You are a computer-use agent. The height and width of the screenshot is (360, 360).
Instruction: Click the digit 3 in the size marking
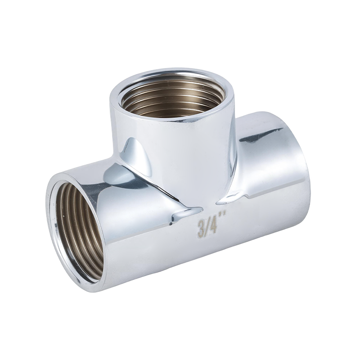tap(202, 227)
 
